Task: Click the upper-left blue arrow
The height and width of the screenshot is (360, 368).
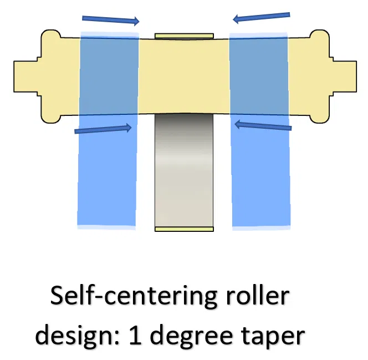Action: click(110, 20)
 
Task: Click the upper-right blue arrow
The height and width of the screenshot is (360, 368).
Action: click(261, 17)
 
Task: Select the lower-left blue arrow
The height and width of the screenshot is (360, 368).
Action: click(103, 129)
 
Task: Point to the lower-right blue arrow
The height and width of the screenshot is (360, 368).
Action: click(263, 126)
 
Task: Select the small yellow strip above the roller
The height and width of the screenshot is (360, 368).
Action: click(184, 36)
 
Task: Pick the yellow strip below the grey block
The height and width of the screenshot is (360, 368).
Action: click(184, 229)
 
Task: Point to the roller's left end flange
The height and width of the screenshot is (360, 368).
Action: click(52, 77)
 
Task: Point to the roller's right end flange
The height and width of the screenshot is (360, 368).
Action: click(316, 77)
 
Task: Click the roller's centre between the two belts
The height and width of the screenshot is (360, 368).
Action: click(183, 75)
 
